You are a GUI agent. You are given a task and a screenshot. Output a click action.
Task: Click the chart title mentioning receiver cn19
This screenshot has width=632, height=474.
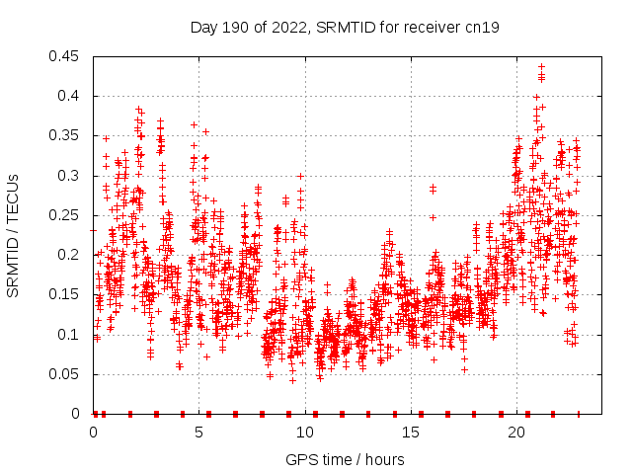pyautogui.click(x=344, y=28)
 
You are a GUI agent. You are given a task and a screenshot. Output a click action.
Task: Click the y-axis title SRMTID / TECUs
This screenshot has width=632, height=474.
pyautogui.click(x=14, y=236)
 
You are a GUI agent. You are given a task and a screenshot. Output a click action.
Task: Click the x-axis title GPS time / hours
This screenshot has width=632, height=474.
pyautogui.click(x=345, y=459)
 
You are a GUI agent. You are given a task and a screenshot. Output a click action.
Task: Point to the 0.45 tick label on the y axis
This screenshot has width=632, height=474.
pyautogui.click(x=65, y=56)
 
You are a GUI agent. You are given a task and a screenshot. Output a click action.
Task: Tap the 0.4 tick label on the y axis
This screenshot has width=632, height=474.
pyautogui.click(x=69, y=96)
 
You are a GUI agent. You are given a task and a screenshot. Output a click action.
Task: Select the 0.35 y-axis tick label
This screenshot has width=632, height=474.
pyautogui.click(x=65, y=135)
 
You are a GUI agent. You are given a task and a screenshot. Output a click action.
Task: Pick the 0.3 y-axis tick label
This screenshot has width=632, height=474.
pyautogui.click(x=69, y=176)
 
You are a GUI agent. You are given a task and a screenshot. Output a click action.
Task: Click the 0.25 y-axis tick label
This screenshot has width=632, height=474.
pyautogui.click(x=65, y=215)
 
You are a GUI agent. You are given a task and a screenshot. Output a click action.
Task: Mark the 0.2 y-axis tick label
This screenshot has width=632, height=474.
pyautogui.click(x=69, y=255)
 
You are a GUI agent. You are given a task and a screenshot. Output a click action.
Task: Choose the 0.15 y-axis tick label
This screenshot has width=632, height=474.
pyautogui.click(x=65, y=294)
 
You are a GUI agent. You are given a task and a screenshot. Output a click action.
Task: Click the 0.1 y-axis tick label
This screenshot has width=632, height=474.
pyautogui.click(x=69, y=334)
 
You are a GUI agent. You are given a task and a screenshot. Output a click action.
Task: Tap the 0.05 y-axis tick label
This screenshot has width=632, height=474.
pyautogui.click(x=65, y=374)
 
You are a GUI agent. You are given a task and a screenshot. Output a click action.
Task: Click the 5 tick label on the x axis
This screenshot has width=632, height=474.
pyautogui.click(x=199, y=433)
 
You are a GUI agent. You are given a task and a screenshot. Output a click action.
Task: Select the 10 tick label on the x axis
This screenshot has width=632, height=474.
pyautogui.click(x=305, y=433)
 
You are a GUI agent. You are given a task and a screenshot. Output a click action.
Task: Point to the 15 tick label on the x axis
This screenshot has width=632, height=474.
pyautogui.click(x=411, y=433)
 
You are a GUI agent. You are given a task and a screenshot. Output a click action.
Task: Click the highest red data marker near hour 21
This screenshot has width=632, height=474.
pyautogui.click(x=541, y=67)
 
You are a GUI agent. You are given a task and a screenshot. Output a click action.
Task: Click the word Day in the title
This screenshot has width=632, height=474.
pyautogui.click(x=203, y=28)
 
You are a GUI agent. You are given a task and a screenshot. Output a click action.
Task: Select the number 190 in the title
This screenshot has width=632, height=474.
pyautogui.click(x=234, y=28)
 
